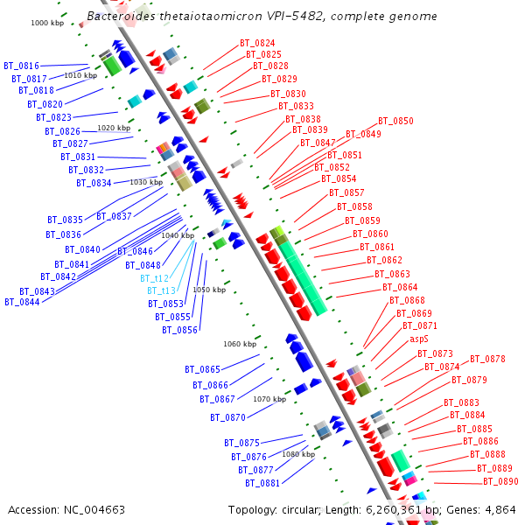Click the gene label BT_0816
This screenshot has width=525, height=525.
21,66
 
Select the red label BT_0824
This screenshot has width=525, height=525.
257,43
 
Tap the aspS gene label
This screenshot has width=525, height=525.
419,339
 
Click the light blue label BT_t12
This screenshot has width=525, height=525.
154,278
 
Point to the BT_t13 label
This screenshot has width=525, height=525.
161,290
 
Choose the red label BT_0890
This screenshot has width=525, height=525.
500,481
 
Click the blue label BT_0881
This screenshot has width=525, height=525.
262,483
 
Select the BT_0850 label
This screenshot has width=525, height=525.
395,121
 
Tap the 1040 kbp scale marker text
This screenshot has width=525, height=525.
178,235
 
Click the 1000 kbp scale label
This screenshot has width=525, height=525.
46,23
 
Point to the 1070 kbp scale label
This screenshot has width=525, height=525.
269,399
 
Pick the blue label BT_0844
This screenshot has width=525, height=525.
22,302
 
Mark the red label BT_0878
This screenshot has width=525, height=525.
487,359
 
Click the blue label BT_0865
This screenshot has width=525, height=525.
202,369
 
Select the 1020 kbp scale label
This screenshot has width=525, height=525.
114,128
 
